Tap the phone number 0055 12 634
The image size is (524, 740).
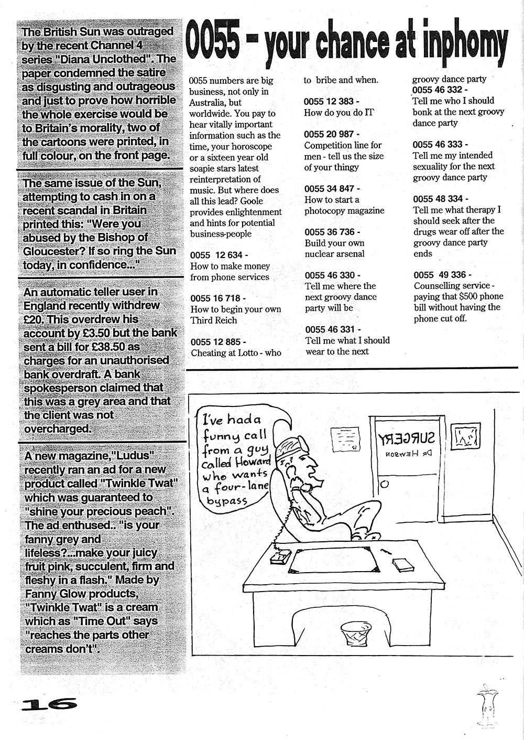(216, 255)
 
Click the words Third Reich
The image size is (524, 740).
(214, 320)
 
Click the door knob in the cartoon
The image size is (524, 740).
(384, 484)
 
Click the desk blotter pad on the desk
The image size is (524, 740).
(333, 559)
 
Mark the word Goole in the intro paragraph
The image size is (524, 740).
(250, 201)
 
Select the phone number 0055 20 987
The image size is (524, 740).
(329, 134)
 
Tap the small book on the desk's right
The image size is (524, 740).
(403, 565)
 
